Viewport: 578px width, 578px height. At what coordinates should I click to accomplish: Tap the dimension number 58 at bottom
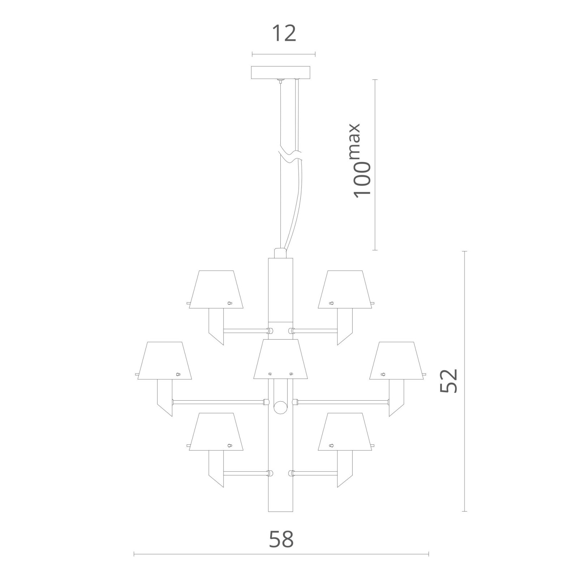pyautogui.click(x=281, y=539)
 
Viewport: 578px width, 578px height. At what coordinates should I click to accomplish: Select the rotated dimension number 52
pyautogui.click(x=449, y=380)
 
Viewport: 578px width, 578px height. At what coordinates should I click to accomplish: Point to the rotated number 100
pyautogui.click(x=362, y=179)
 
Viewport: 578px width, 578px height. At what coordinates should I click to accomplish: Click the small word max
pyautogui.click(x=355, y=141)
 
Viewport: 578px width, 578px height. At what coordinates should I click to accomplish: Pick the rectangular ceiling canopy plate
pyautogui.click(x=281, y=72)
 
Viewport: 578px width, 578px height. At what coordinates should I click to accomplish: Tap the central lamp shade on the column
pyautogui.click(x=281, y=359)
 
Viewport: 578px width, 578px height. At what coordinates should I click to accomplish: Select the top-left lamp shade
pyautogui.click(x=216, y=289)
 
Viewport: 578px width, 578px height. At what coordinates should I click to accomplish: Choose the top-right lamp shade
pyautogui.click(x=345, y=289)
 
